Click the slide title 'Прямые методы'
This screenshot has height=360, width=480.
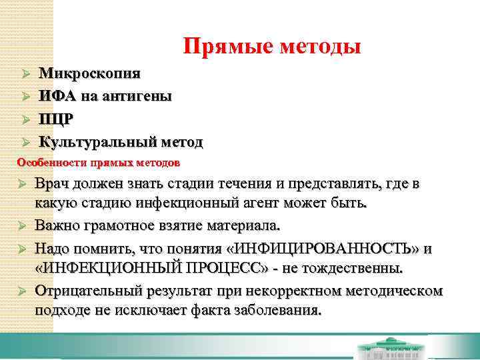(x=272, y=46)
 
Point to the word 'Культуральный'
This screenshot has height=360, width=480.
(x=97, y=142)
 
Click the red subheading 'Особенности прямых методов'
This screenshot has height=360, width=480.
(x=98, y=162)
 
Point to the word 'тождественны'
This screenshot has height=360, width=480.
(x=350, y=269)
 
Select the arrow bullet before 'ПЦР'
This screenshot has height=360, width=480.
(x=26, y=120)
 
